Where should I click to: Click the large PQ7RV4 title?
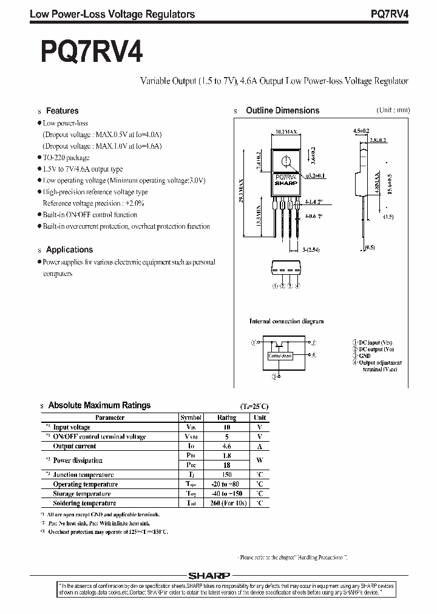(x=92, y=53)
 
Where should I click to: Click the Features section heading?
(x=63, y=111)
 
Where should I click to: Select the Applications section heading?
(x=69, y=249)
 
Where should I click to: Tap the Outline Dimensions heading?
(x=282, y=110)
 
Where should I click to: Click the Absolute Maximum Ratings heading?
(x=99, y=405)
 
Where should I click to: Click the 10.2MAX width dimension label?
(x=286, y=131)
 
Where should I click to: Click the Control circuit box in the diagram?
(x=280, y=356)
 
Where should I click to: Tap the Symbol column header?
(x=191, y=417)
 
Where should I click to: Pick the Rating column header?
(x=227, y=417)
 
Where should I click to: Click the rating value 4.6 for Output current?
(x=227, y=446)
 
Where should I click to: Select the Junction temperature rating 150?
(x=227, y=475)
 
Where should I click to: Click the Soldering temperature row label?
(x=84, y=503)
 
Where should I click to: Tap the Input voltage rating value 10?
(x=227, y=427)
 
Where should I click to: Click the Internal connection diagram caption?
(x=286, y=321)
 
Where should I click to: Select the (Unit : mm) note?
(x=393, y=110)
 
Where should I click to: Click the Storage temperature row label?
(x=81, y=494)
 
